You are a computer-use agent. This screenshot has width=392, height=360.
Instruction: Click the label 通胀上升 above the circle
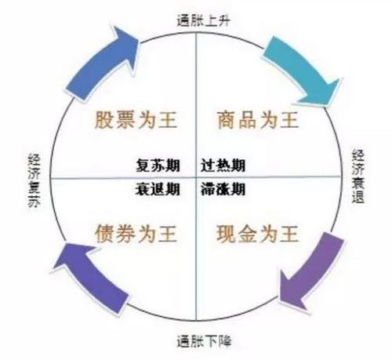click(203, 21)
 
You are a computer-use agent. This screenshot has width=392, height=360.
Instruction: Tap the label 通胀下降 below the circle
click(204, 341)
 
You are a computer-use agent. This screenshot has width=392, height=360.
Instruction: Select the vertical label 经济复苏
click(34, 180)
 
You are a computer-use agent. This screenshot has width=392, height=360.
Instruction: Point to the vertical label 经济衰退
click(358, 176)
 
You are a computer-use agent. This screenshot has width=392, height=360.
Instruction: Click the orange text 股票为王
click(136, 120)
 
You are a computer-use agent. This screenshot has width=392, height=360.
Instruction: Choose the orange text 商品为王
click(258, 120)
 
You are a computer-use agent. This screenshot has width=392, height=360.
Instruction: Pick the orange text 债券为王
click(136, 233)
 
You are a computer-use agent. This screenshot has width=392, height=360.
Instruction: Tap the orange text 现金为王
click(258, 233)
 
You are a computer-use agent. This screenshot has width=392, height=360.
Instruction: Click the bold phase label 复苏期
click(158, 165)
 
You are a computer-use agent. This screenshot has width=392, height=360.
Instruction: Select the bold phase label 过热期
click(223, 165)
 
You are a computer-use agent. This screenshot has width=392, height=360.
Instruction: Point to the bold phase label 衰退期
click(158, 189)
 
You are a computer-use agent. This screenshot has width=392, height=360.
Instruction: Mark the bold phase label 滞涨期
click(223, 189)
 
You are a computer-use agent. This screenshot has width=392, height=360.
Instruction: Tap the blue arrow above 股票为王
click(102, 61)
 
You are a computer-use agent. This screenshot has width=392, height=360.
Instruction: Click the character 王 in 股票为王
click(168, 120)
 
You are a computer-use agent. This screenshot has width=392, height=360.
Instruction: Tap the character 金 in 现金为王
click(248, 233)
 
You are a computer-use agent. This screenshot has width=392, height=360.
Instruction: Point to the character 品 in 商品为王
click(248, 120)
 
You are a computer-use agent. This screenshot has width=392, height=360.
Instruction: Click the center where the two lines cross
click(196, 177)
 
